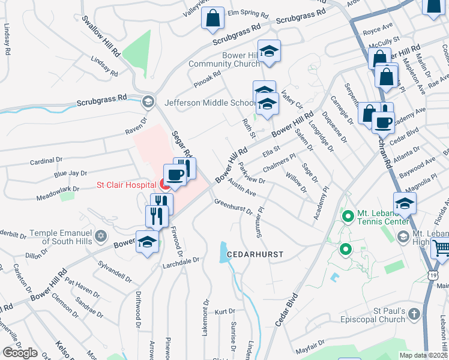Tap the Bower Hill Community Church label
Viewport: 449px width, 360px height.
(x=224, y=60)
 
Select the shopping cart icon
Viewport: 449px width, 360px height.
(x=441, y=247)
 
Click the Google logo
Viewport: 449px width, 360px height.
(x=20, y=352)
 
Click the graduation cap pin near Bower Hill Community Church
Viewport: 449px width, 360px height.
(x=269, y=50)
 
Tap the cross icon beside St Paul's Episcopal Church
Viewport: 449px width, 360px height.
(x=414, y=313)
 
